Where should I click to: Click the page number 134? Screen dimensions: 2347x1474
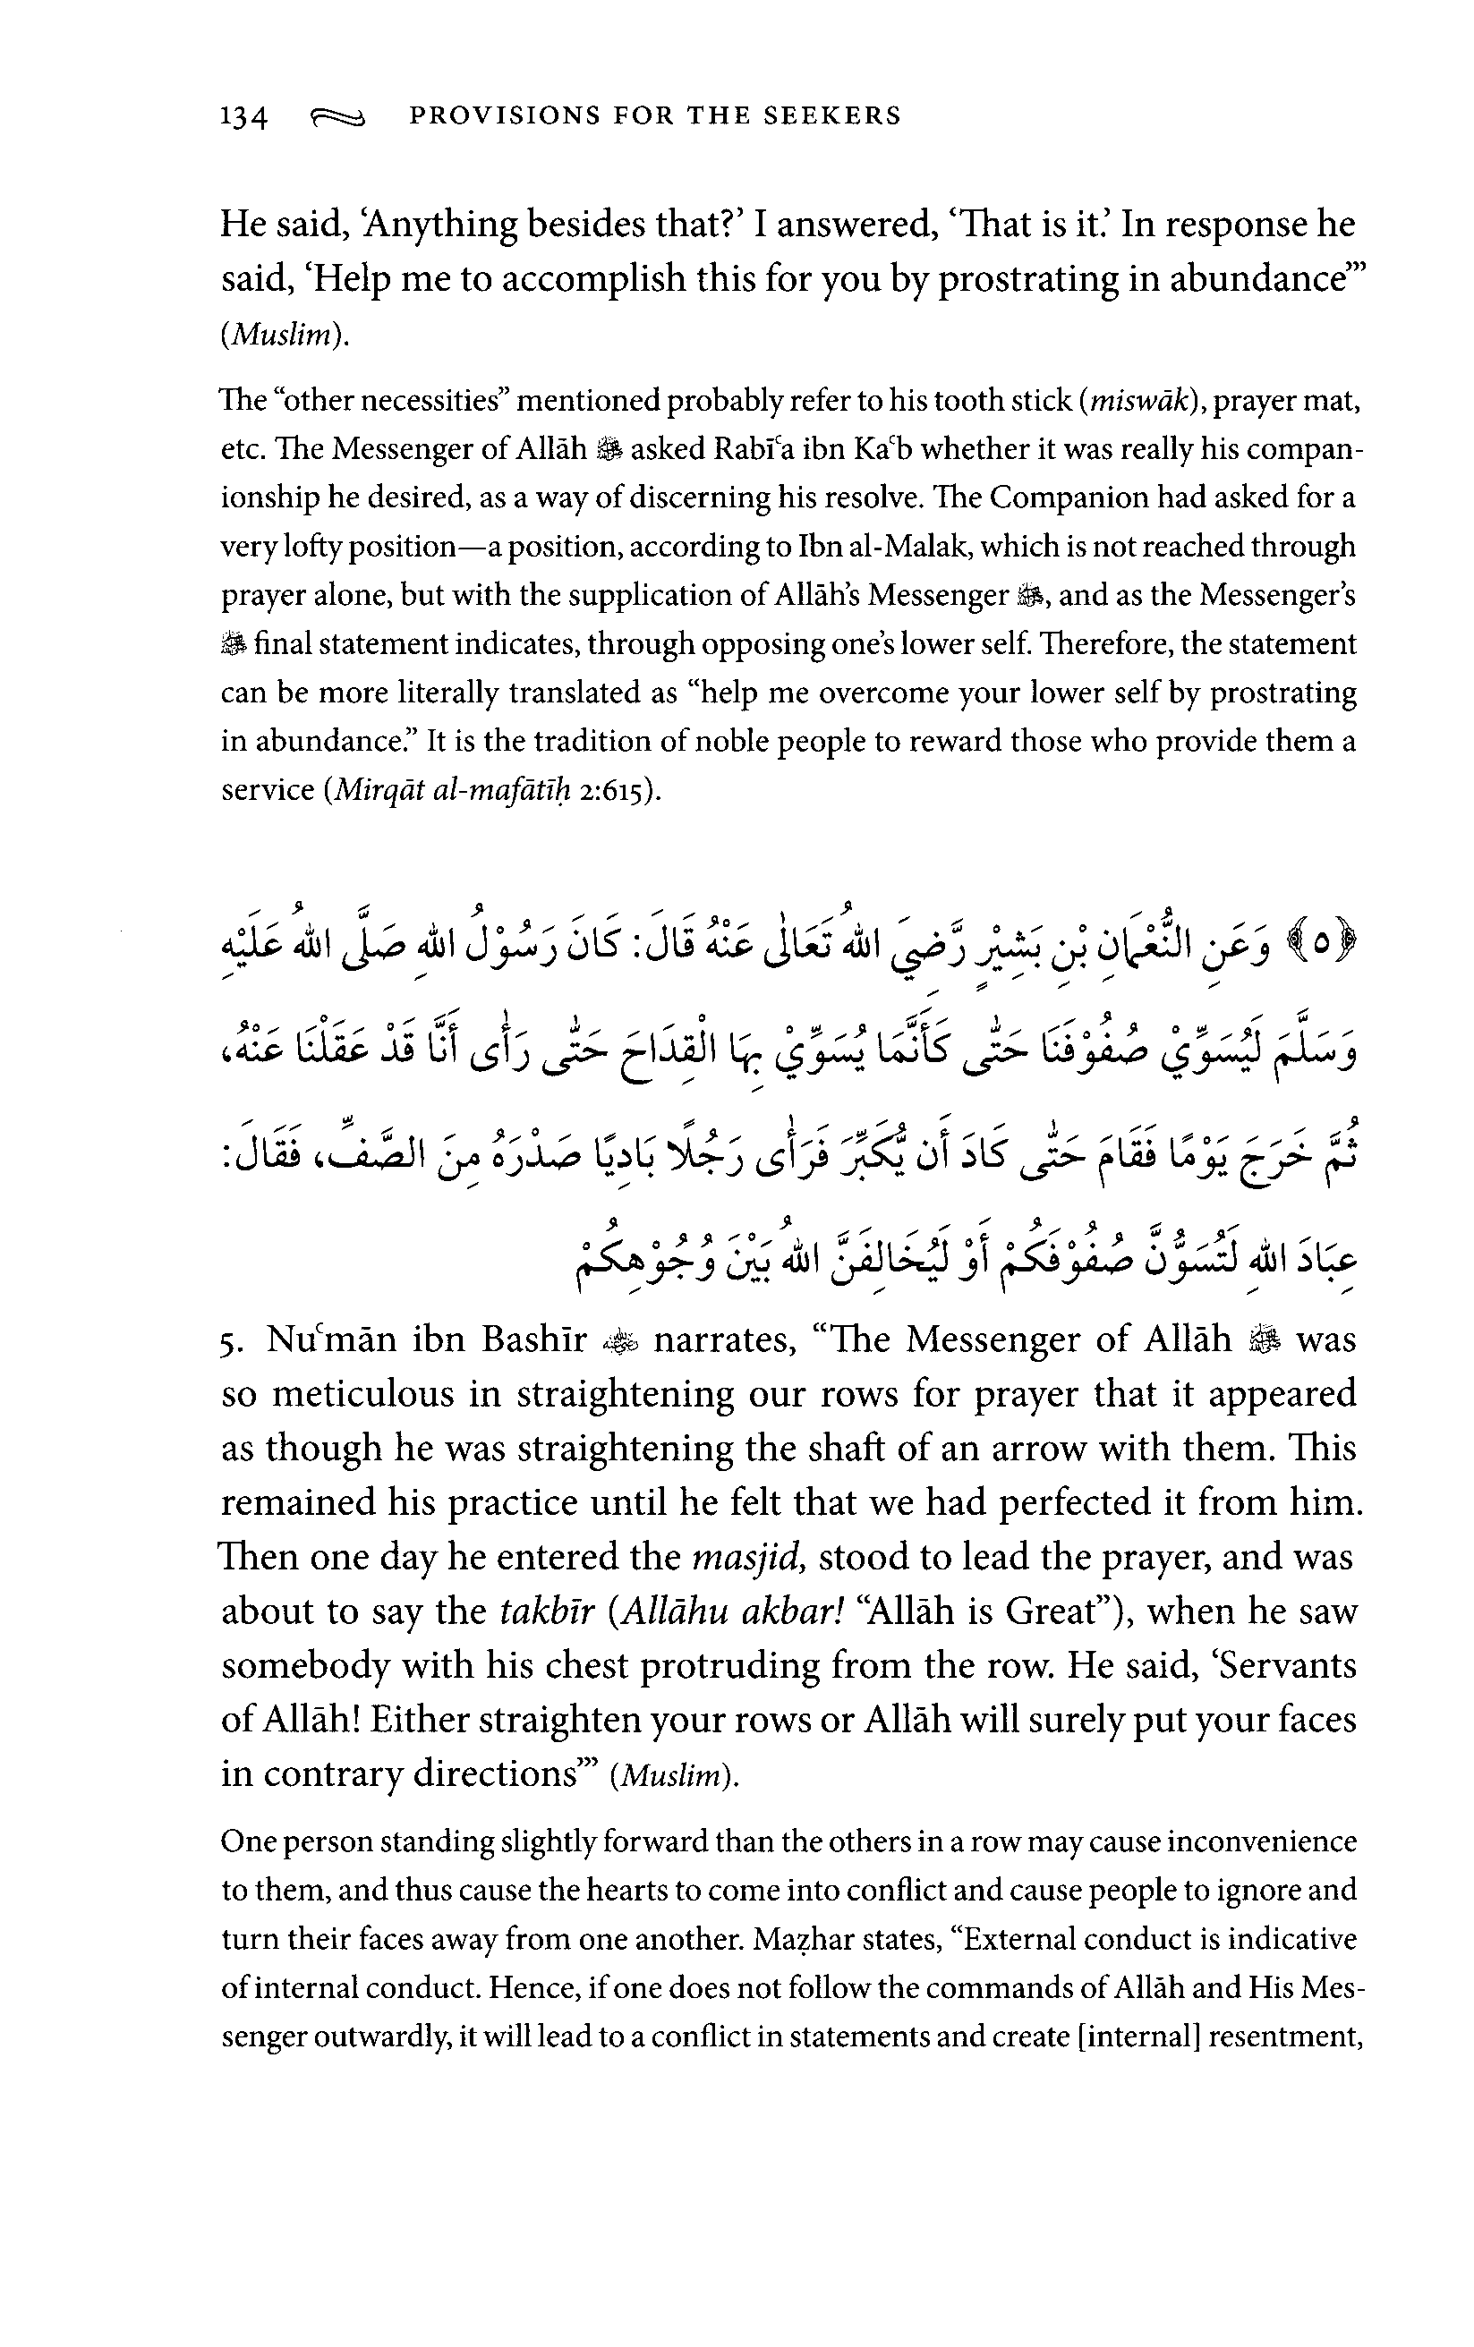tap(243, 117)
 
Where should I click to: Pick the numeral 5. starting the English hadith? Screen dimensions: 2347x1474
tap(230, 1342)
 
